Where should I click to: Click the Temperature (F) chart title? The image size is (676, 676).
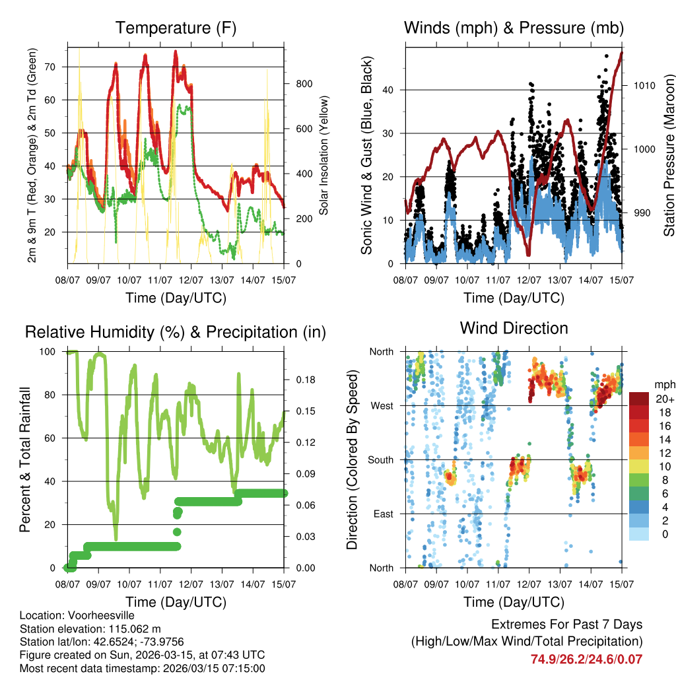pos(176,28)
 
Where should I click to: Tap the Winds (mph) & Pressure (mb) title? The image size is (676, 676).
pos(514,28)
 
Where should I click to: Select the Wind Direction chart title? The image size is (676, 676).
pos(514,328)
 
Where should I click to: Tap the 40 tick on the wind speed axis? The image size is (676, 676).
pos(392,90)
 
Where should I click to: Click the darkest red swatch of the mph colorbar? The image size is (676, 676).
pos(639,399)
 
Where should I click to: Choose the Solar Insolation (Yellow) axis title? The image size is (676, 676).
pos(324,155)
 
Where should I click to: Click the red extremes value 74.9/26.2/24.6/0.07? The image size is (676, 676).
pos(586,659)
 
